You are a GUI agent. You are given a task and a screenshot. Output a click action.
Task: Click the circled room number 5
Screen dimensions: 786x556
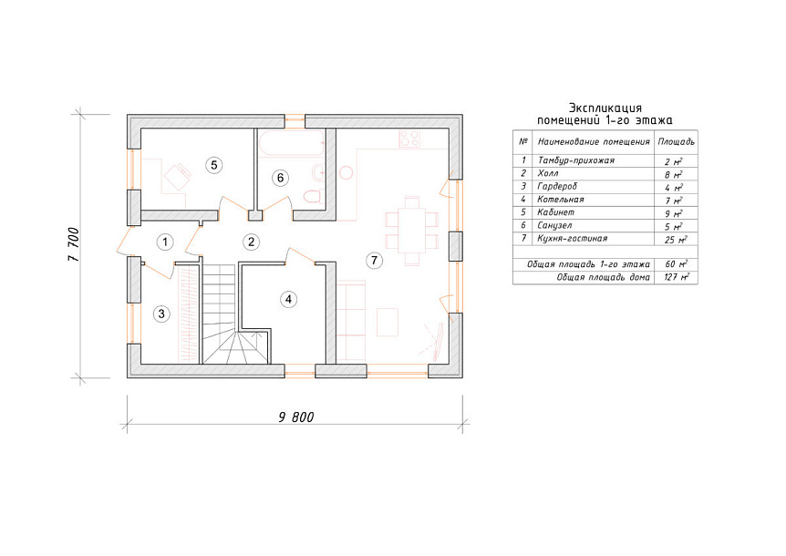(213, 165)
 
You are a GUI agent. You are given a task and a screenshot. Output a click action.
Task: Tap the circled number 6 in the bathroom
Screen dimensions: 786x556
(280, 178)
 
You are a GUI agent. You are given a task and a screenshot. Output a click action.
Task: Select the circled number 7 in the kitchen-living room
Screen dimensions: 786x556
(374, 260)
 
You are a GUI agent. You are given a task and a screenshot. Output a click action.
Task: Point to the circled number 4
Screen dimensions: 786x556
(288, 300)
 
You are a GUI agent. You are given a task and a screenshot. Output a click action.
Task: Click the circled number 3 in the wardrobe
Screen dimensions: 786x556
(161, 314)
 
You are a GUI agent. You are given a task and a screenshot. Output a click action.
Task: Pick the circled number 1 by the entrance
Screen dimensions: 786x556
(165, 242)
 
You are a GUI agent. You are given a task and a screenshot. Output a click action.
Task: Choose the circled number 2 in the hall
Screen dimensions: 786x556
(251, 242)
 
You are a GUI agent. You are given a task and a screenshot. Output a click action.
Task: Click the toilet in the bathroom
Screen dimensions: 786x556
(314, 196)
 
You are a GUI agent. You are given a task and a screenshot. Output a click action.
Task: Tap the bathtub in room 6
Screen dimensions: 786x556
(291, 143)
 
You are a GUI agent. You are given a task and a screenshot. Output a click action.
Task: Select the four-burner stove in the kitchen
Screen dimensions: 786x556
(409, 139)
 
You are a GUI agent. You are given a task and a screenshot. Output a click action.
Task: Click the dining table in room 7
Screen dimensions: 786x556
(411, 231)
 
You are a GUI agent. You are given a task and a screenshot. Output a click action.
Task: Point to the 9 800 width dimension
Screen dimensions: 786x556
(296, 417)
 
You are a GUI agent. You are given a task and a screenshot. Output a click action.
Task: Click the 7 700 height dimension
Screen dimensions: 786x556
(74, 244)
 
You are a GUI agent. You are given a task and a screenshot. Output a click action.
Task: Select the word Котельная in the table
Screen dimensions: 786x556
(561, 200)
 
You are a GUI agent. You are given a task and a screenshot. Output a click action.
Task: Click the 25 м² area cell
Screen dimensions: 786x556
(676, 240)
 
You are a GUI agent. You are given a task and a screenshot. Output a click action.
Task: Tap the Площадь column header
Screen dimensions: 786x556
(676, 142)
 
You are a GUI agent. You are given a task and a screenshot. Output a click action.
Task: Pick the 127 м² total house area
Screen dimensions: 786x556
(676, 277)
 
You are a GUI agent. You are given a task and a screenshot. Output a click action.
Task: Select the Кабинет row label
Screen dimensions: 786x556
(555, 212)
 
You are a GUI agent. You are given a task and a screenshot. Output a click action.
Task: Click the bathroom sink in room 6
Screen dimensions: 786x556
(318, 173)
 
